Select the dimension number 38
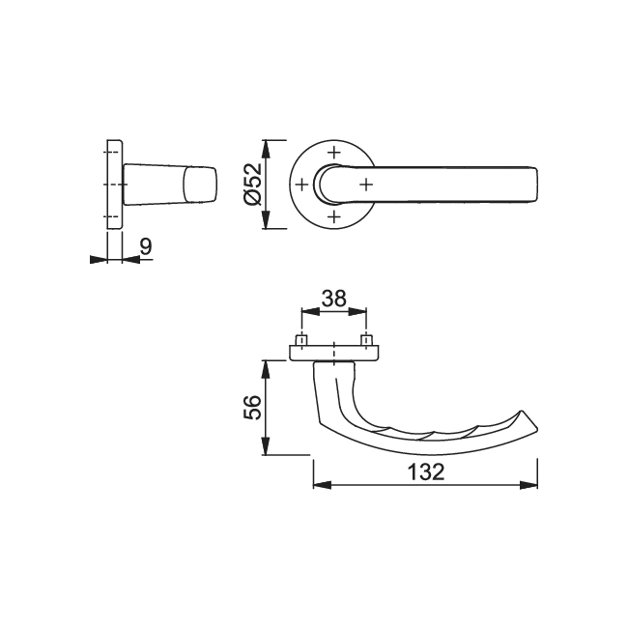click(334, 299)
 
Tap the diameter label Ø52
click(254, 184)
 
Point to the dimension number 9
click(145, 247)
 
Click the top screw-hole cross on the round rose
click(334, 151)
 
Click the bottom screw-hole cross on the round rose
click(334, 216)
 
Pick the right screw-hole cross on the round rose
click(366, 183)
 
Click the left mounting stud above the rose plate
click(302, 340)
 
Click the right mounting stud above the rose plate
click(366, 340)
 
